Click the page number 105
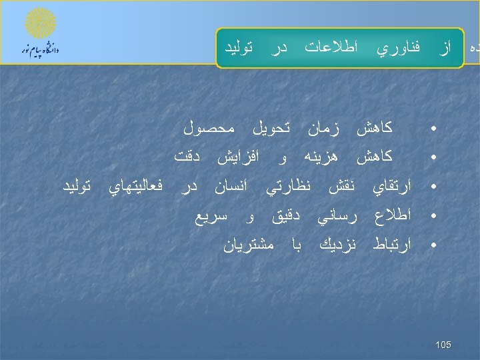coord(443,344)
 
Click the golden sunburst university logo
coord(41,24)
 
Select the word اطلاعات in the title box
coord(331,48)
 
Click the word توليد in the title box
coord(241,48)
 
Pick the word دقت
coord(189,157)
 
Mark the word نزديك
coord(331,246)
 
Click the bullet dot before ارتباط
coord(433,246)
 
